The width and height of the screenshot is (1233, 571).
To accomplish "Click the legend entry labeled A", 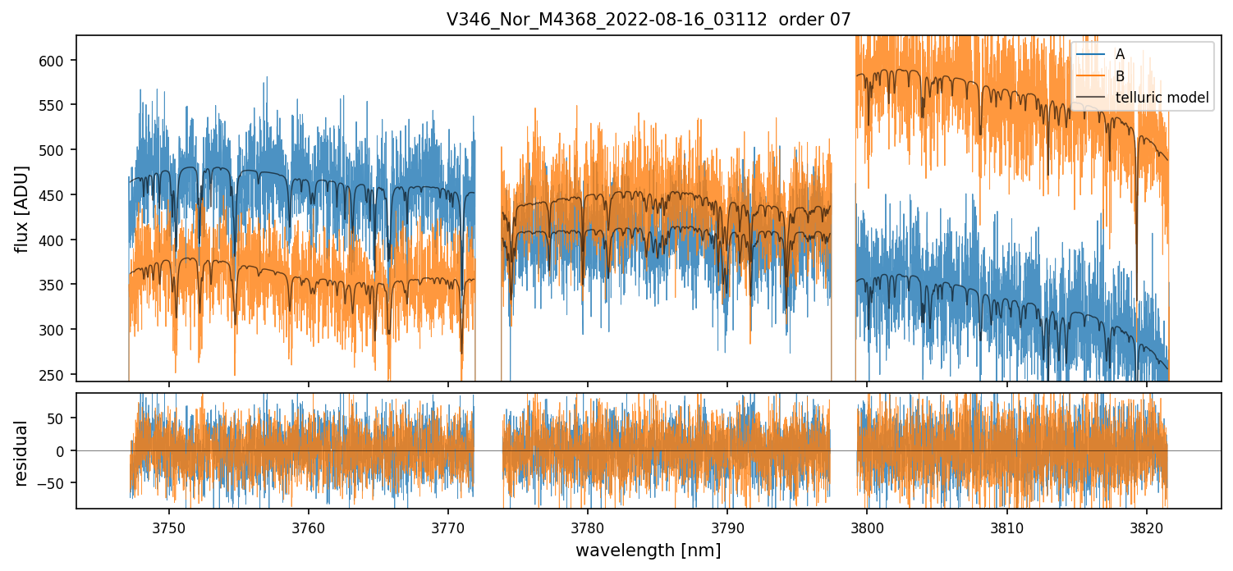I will [x=1120, y=54].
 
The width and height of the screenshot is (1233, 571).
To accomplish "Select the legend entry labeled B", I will [x=1120, y=75].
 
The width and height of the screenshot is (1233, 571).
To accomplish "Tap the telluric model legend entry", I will [x=1162, y=98].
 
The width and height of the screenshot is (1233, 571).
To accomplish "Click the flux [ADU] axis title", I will [x=22, y=208].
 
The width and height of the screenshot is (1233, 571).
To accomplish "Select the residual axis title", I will [x=22, y=453].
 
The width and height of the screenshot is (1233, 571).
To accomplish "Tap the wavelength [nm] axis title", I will [x=648, y=550].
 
